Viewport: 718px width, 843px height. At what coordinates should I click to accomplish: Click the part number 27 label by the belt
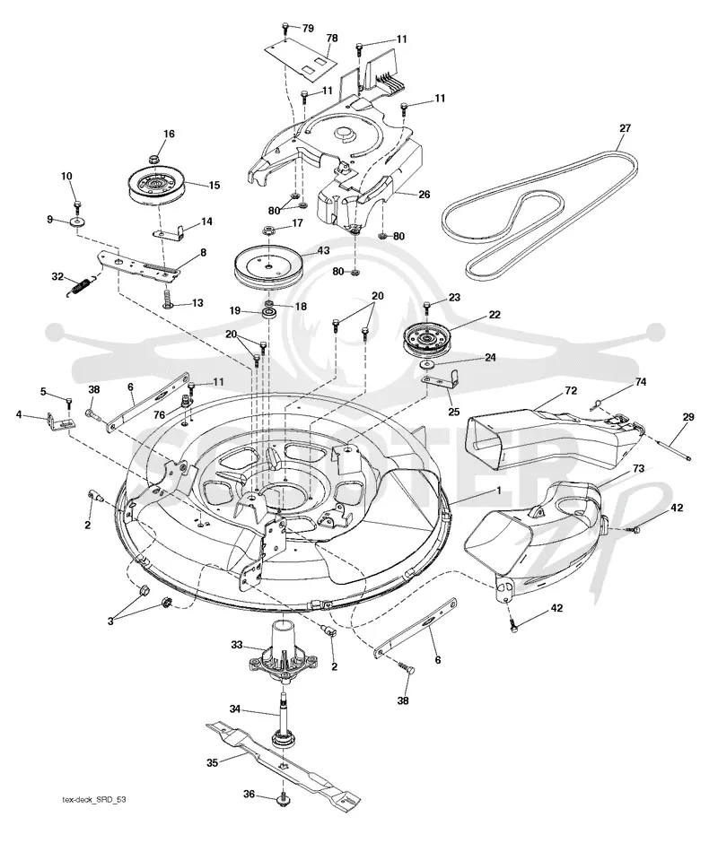point(625,128)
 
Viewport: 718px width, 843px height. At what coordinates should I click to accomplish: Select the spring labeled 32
point(82,285)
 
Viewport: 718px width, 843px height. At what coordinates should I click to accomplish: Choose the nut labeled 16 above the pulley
point(153,159)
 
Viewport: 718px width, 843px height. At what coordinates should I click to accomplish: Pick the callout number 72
point(571,390)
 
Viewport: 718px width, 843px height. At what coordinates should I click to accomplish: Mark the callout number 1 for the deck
point(499,491)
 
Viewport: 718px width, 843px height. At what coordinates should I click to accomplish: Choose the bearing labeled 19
point(267,314)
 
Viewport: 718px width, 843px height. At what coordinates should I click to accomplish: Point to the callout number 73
point(638,468)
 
